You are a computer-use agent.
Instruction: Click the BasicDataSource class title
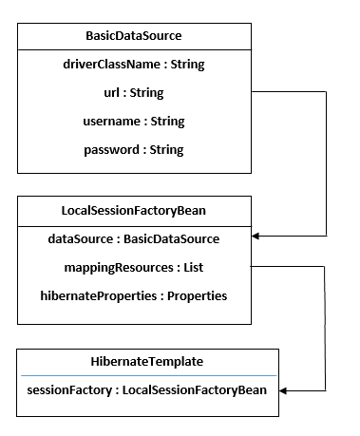[x=134, y=36]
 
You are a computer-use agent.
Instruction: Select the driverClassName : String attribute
[x=134, y=65]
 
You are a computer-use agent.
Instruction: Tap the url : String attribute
[x=134, y=93]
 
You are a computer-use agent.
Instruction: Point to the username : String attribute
[x=134, y=121]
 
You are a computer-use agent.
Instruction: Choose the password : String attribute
[x=134, y=149]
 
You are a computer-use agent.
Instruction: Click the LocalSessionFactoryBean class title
[x=134, y=210]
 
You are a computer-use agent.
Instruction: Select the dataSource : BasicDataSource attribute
[x=134, y=238]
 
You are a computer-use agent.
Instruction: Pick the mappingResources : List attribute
[x=134, y=267]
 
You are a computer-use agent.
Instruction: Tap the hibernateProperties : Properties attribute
[x=134, y=295]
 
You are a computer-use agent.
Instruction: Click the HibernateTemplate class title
[x=147, y=362]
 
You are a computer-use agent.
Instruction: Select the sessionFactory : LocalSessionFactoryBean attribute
[x=147, y=389]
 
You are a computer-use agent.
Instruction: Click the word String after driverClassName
[x=186, y=65]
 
